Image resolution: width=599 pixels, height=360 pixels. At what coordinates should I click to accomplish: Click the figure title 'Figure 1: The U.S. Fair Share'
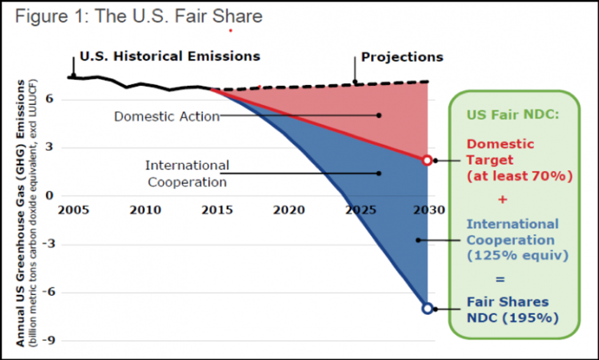point(139,17)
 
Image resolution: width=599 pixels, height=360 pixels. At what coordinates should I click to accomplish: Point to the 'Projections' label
point(402,57)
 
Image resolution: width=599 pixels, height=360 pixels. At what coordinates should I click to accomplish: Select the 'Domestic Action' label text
point(167,116)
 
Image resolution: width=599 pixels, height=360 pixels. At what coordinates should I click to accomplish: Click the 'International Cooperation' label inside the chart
point(187,174)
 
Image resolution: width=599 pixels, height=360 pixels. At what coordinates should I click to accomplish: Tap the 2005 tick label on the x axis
point(73,210)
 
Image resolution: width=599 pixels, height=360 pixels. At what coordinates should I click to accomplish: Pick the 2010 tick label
point(145,210)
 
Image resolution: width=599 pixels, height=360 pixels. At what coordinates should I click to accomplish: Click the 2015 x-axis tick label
point(217,210)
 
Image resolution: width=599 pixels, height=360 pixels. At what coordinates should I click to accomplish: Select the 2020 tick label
point(288,210)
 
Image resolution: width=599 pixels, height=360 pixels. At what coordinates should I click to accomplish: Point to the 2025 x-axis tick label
point(360,210)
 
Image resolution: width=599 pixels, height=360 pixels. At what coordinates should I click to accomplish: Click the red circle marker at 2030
point(427,160)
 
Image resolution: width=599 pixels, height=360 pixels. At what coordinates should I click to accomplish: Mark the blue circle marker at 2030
point(427,309)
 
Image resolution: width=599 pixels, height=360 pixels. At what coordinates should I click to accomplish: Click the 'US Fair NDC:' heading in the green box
point(512,114)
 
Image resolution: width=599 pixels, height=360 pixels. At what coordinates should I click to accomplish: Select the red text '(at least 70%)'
point(520,177)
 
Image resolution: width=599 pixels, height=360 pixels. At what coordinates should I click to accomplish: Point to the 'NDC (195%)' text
point(512,318)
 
